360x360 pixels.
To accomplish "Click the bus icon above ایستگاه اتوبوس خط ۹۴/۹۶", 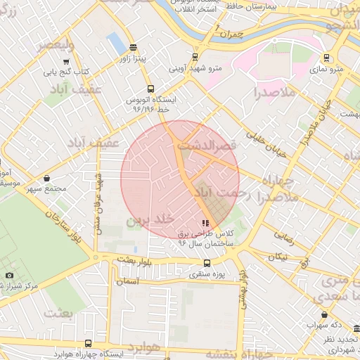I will pos(150,89).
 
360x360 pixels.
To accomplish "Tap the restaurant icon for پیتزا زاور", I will pos(134,47).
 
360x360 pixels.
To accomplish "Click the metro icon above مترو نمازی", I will pos(326,58).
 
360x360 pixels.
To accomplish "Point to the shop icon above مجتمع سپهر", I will pos(47,179).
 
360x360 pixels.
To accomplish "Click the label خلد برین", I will pos(148,220).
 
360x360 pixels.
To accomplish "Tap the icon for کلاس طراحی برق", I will pos(205,223).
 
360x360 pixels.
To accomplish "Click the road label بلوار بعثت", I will pos(134,259).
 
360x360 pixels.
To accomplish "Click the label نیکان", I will pos(278,257).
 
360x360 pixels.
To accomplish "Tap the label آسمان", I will pos(129,281).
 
